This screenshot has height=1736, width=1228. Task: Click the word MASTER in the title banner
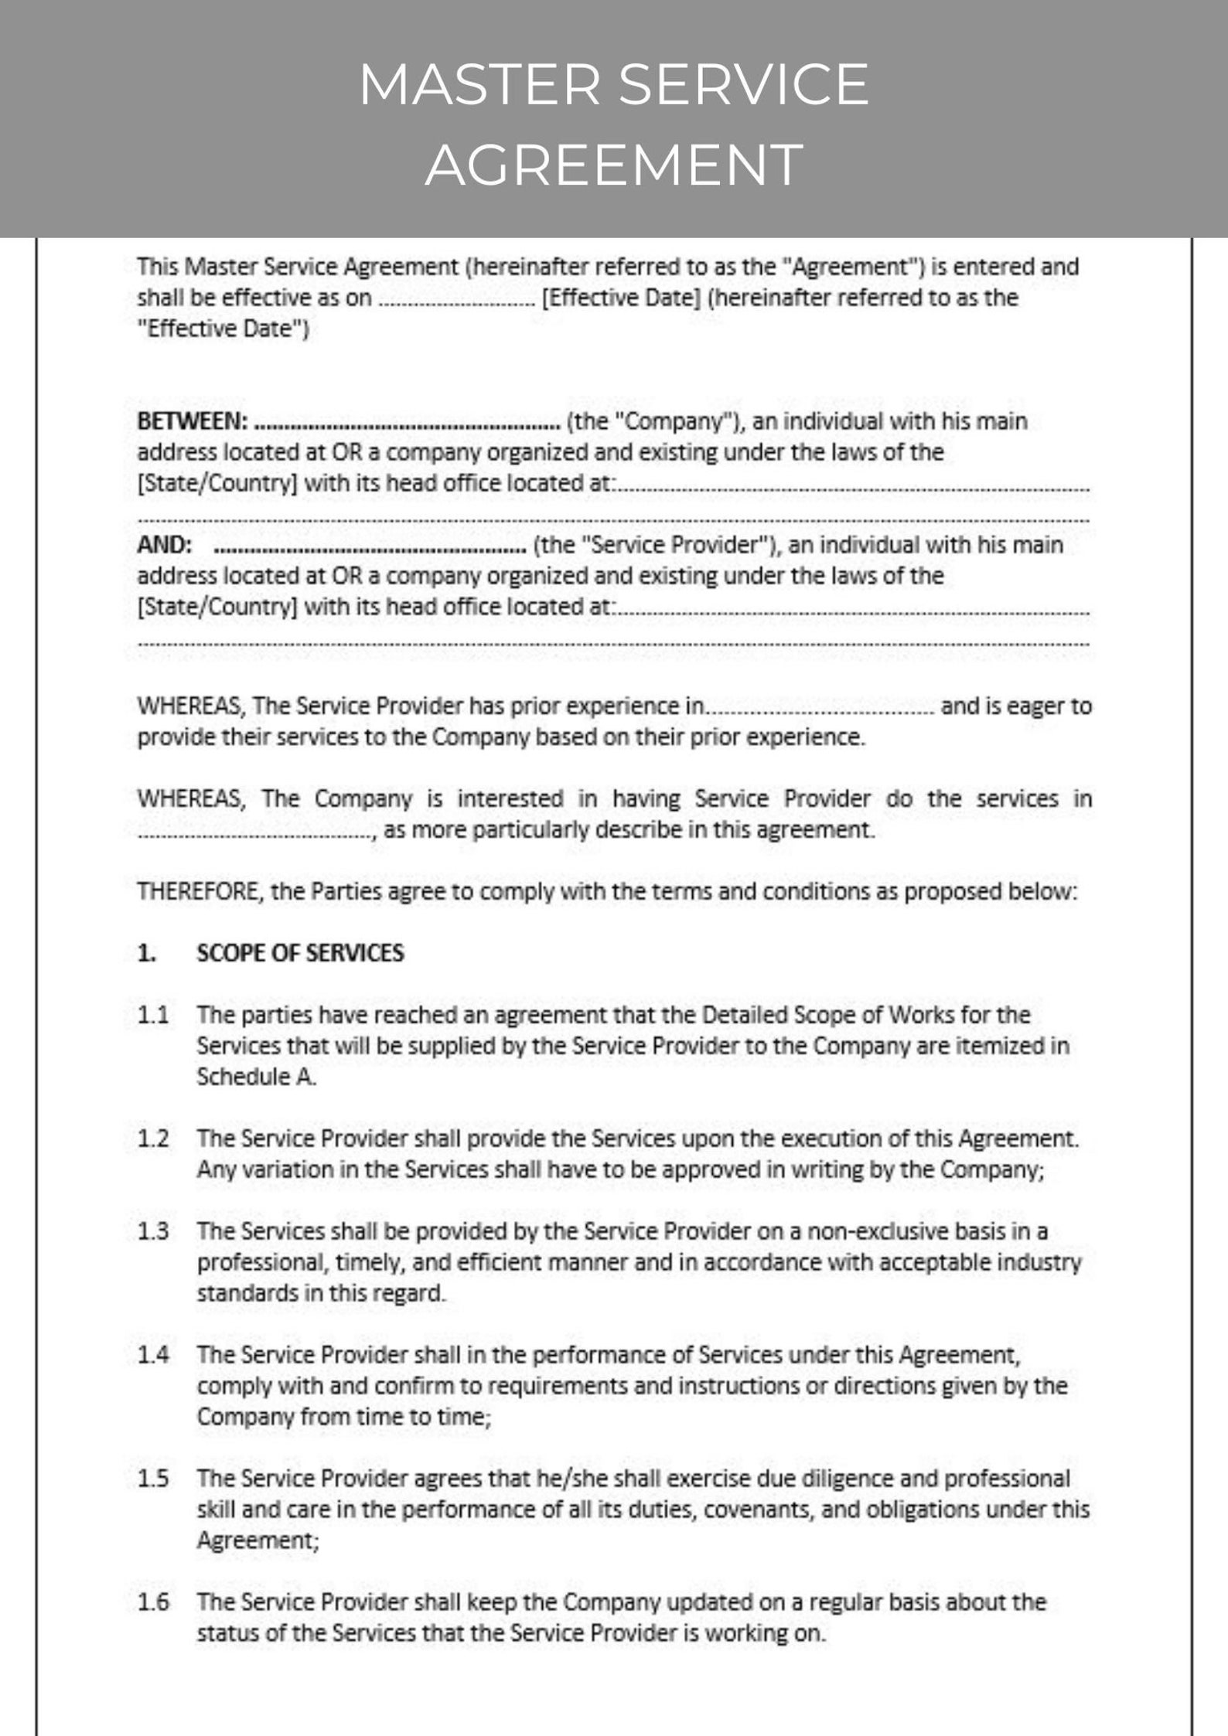click(x=479, y=84)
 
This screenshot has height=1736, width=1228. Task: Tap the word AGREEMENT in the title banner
click(x=614, y=165)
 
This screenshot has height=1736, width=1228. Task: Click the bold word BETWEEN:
click(x=193, y=421)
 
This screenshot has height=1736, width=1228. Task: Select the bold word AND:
click(x=164, y=545)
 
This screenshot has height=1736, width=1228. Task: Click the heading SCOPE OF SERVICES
click(x=300, y=953)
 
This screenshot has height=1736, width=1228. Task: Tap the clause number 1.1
click(x=153, y=1015)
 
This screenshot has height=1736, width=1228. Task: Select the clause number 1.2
click(x=153, y=1139)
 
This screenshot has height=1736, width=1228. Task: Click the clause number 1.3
click(x=153, y=1231)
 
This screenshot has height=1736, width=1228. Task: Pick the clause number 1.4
click(x=153, y=1355)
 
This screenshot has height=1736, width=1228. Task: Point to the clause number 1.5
click(x=153, y=1479)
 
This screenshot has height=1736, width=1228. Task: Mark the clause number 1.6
click(x=153, y=1602)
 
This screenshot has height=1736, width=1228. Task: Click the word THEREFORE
click(x=200, y=891)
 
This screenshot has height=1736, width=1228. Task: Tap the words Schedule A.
click(x=255, y=1077)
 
